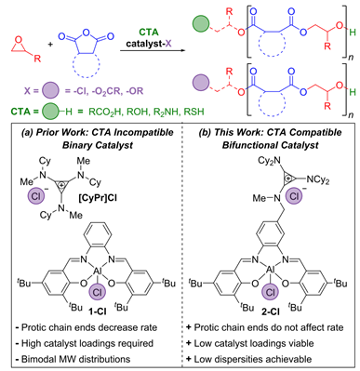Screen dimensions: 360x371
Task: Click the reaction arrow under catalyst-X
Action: pos(153,50)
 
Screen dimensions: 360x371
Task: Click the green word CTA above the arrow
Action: pos(149,33)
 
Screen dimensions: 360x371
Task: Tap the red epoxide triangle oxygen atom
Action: pos(19,39)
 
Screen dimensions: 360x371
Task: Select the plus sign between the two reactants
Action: pos(50,45)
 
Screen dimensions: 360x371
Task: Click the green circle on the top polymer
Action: pos(201,25)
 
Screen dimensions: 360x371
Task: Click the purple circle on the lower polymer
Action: pos(201,84)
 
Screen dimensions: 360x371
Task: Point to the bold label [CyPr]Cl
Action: pos(98,197)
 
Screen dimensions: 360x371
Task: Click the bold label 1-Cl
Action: pos(98,311)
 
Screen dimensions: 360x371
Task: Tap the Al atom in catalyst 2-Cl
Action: pos(271,271)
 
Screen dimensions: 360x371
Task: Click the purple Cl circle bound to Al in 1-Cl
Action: pos(98,293)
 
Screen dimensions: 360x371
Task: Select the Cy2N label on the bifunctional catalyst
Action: pos(269,161)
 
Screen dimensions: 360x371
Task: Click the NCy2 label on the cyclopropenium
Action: pos(317,179)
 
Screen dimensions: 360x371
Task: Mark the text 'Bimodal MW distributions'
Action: pos(75,359)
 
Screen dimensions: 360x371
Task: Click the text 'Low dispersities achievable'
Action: pos(253,359)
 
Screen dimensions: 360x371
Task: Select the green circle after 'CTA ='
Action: pos(50,111)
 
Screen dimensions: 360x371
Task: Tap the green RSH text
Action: pos(194,112)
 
